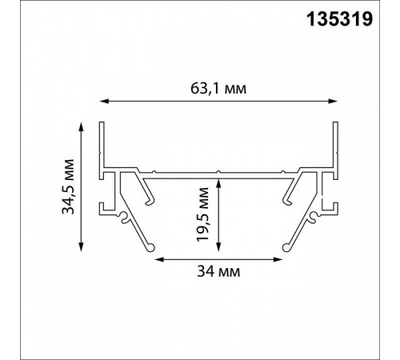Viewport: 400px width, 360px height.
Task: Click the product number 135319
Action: (x=339, y=19)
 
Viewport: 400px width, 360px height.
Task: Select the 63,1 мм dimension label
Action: (x=218, y=89)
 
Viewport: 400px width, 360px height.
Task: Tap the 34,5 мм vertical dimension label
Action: (x=68, y=186)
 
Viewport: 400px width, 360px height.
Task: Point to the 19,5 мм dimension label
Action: (x=202, y=214)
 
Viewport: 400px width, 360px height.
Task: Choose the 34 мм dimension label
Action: (x=218, y=271)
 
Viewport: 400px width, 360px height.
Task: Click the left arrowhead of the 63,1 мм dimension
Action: (x=104, y=101)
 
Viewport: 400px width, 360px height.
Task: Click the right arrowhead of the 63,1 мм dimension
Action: (x=333, y=101)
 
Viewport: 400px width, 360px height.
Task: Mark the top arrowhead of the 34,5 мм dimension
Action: (x=82, y=126)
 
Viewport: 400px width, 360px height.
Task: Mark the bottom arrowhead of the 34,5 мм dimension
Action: (x=82, y=246)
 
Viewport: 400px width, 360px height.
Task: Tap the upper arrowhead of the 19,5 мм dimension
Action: (x=218, y=184)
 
